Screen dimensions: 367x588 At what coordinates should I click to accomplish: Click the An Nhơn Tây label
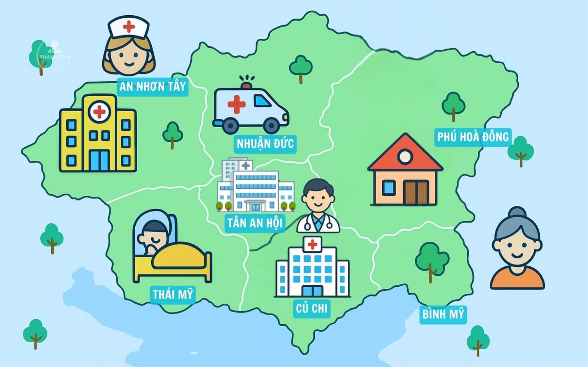click(x=152, y=86)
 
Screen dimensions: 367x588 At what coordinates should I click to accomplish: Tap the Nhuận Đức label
click(x=265, y=144)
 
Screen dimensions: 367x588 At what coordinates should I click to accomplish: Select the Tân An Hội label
click(x=255, y=223)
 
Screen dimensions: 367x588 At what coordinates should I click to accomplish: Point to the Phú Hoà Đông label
click(x=473, y=137)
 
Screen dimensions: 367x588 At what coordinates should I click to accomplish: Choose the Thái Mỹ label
click(x=173, y=294)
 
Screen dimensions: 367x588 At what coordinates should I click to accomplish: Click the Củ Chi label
click(x=312, y=308)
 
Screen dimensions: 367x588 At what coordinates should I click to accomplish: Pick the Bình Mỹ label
click(x=443, y=314)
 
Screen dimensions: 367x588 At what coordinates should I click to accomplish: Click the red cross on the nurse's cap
click(x=129, y=27)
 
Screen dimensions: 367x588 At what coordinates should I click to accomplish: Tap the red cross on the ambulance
click(x=236, y=104)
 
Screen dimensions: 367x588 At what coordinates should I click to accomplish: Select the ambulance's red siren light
click(x=246, y=85)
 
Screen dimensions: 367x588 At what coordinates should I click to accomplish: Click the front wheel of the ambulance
click(x=271, y=125)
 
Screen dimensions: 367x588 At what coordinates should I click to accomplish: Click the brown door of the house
click(x=416, y=193)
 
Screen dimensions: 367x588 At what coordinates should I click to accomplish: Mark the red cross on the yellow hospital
click(x=99, y=112)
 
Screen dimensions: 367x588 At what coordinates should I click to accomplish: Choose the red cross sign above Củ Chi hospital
click(x=312, y=244)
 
